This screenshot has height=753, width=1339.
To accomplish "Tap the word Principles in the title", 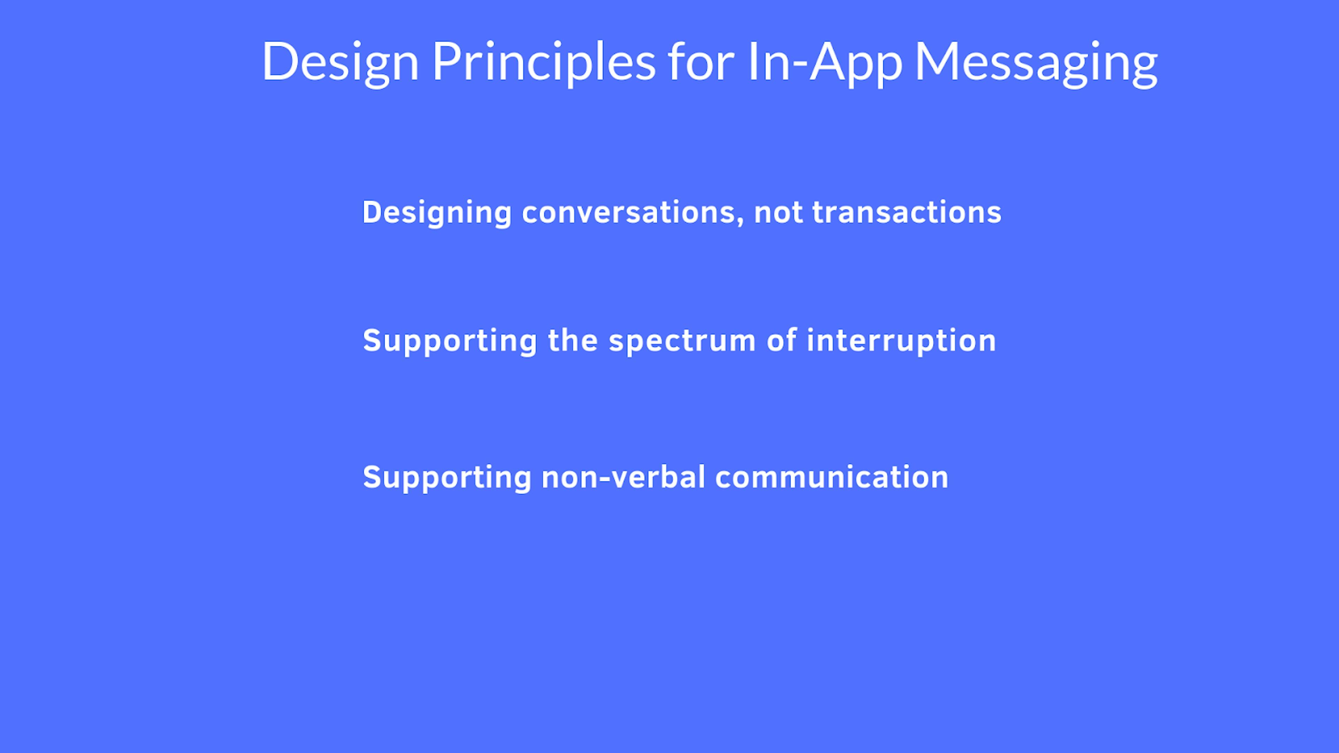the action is [x=544, y=62].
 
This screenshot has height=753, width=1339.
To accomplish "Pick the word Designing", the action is [x=437, y=213].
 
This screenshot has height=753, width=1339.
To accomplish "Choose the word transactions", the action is [x=907, y=213].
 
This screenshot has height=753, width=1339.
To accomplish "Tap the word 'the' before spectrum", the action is [x=573, y=341].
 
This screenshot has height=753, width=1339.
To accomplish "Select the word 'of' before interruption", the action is [x=781, y=341].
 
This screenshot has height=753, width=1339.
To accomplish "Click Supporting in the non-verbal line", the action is [x=447, y=478].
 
